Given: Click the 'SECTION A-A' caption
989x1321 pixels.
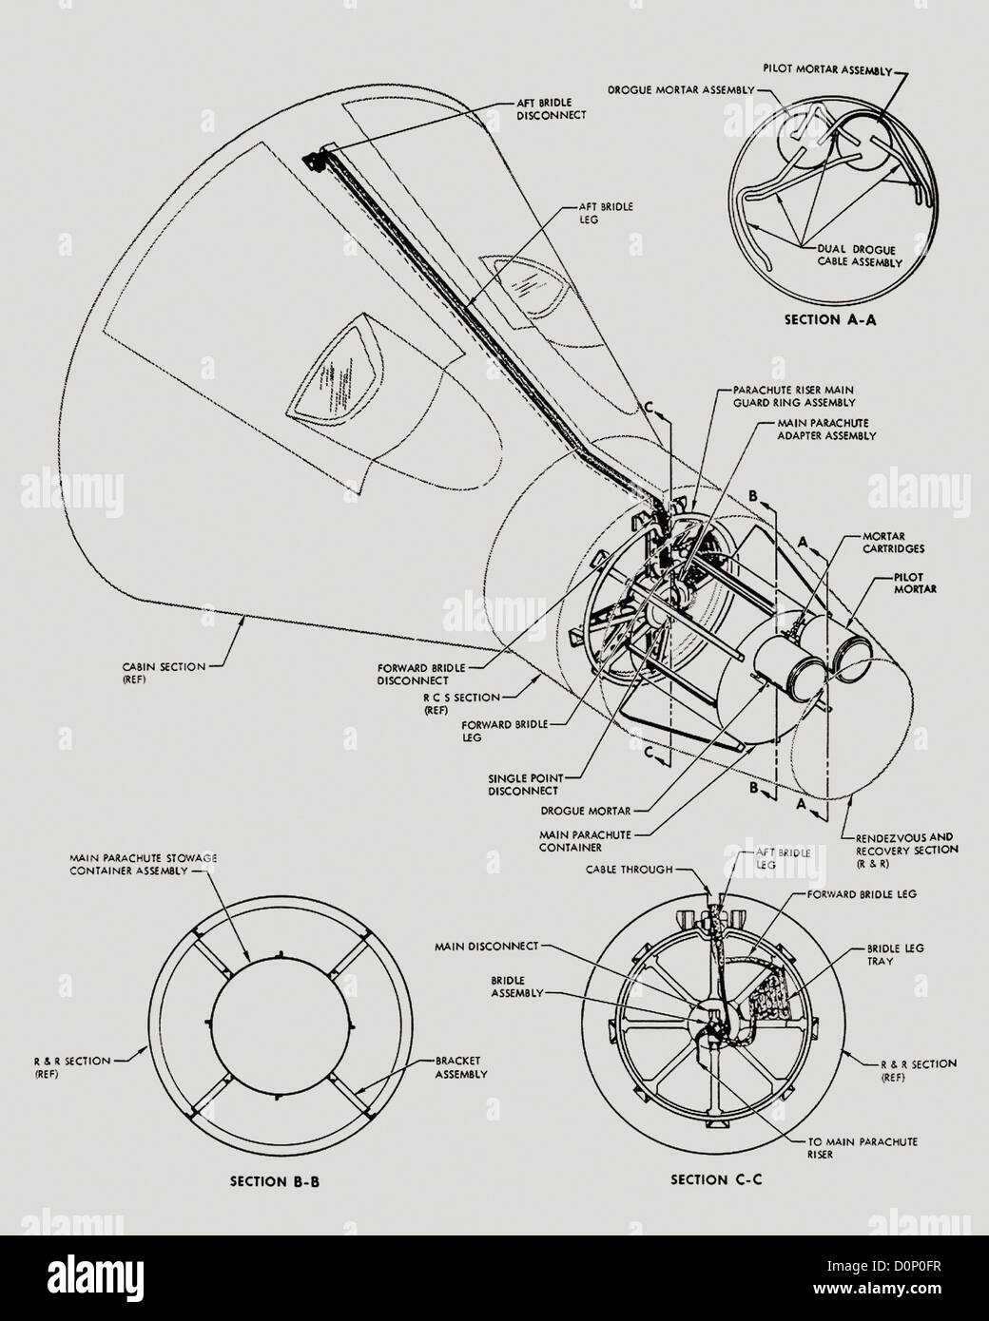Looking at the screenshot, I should coord(829,320).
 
